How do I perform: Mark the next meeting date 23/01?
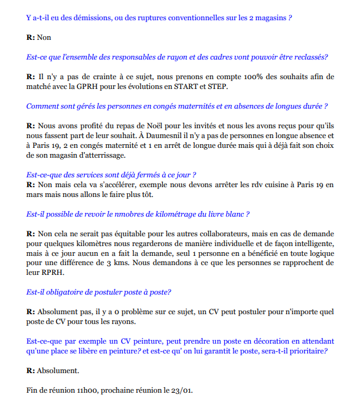click(181, 390)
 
